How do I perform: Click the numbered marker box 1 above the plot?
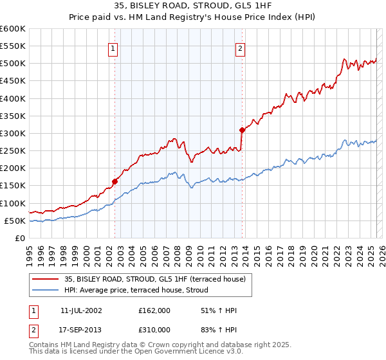[113, 47]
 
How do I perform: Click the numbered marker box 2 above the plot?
[240, 47]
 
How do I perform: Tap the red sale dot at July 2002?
[115, 181]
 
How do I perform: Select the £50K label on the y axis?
[15, 221]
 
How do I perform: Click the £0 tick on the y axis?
[19, 238]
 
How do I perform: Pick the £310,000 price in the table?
[154, 329]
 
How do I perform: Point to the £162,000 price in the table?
[154, 310]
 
